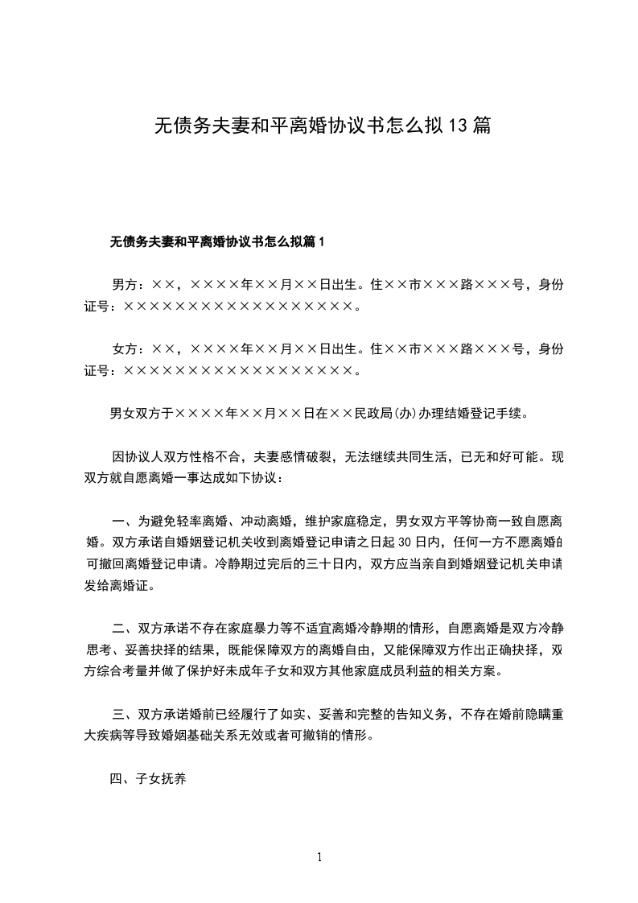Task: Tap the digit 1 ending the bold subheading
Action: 322,241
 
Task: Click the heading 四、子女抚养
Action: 148,778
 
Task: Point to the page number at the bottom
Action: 319,856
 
